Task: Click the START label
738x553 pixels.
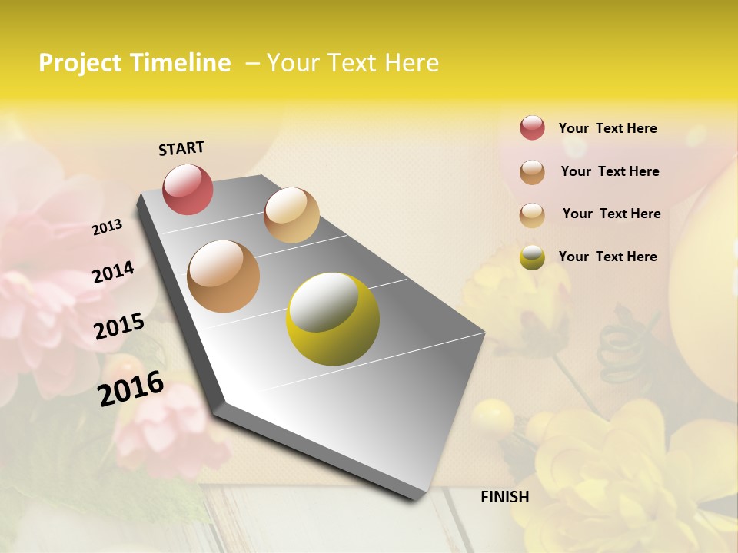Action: [181, 148]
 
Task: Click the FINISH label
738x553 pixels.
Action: [504, 497]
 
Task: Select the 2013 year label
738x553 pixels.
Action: [107, 227]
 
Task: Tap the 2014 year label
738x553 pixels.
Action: [113, 272]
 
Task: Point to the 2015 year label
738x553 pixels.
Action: [118, 326]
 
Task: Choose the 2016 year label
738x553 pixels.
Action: [131, 389]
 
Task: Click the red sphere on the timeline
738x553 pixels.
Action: [188, 190]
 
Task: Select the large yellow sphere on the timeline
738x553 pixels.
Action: [332, 319]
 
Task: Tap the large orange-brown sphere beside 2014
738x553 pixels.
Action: [223, 276]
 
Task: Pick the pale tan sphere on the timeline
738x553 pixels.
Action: [291, 215]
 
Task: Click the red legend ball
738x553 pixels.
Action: [532, 127]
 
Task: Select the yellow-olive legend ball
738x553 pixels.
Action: [532, 257]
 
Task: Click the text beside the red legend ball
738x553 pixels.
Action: [607, 128]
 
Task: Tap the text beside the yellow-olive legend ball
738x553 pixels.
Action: [607, 257]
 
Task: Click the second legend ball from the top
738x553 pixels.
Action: [532, 172]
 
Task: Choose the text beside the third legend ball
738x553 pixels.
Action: [611, 214]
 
